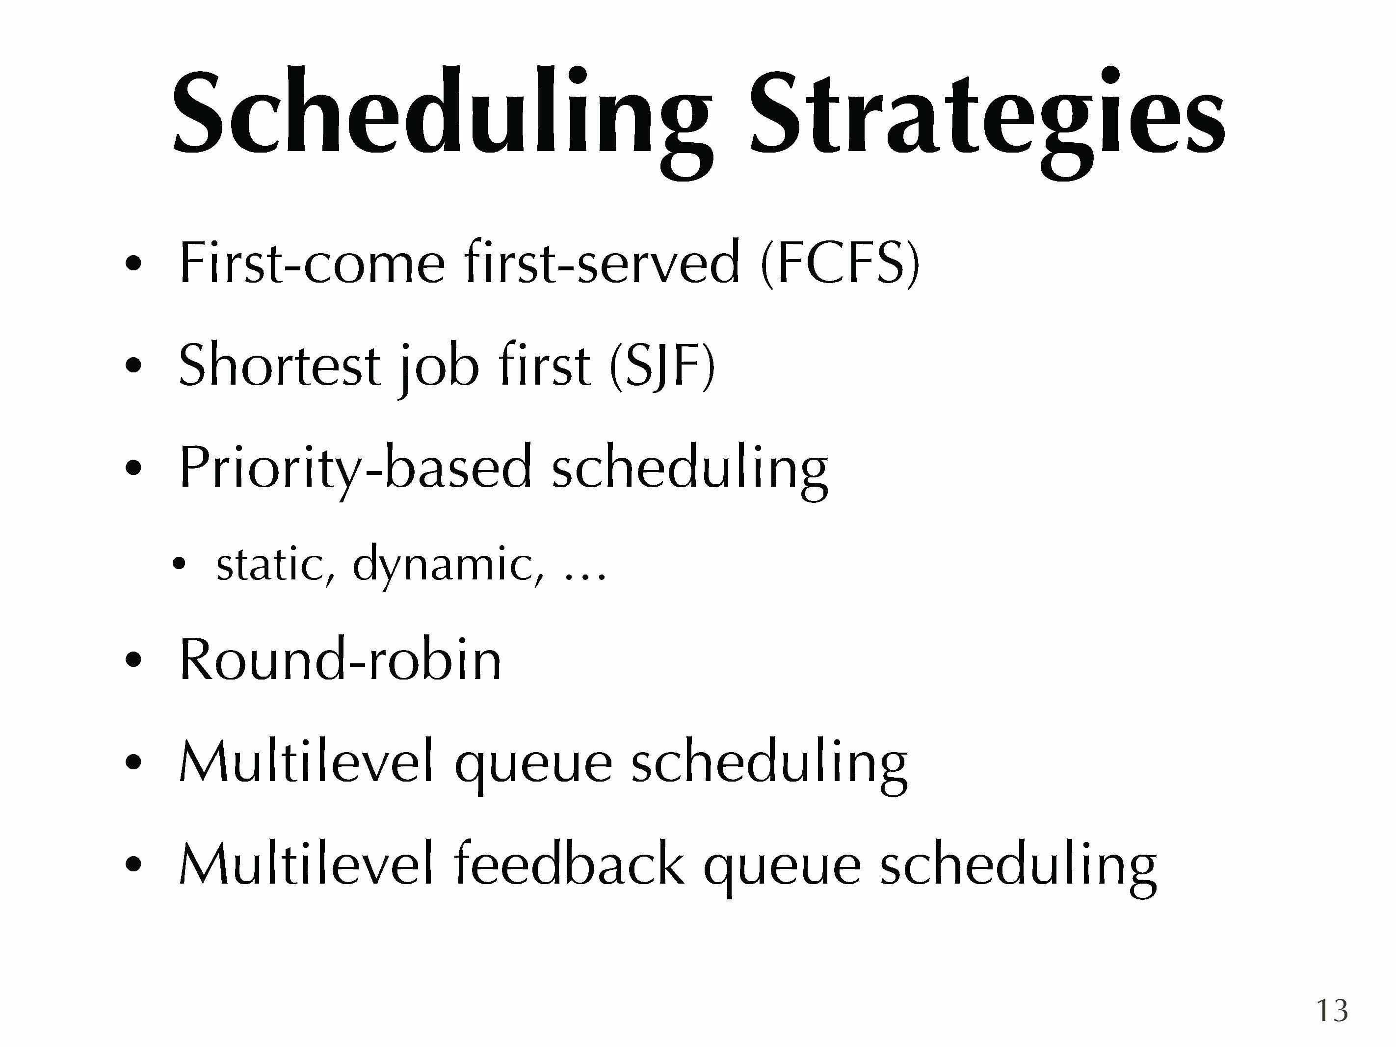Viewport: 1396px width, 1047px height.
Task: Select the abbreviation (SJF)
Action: (662, 366)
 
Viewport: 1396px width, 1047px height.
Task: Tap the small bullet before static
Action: (179, 564)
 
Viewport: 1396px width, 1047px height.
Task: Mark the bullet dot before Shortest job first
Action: (133, 366)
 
